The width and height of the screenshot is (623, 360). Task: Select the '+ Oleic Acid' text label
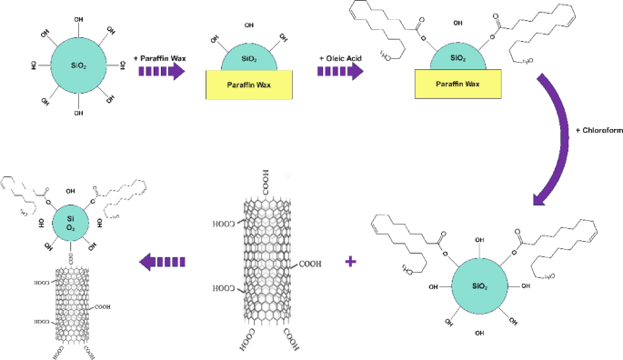(341, 57)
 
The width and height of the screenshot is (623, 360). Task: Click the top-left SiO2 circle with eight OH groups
(77, 65)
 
